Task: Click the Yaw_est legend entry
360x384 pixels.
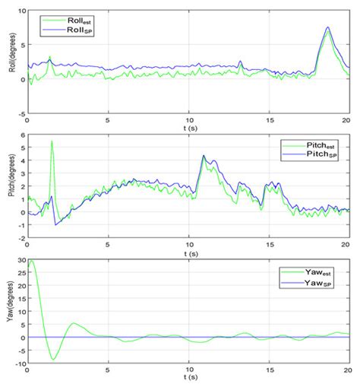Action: coord(308,271)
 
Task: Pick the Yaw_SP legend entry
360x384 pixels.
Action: coord(308,281)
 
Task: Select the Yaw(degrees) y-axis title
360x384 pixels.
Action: coord(9,313)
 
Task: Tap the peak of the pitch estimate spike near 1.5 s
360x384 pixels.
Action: coord(52,141)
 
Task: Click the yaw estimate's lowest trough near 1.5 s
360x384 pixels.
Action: coord(52,359)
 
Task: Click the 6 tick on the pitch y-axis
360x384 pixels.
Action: coord(21,135)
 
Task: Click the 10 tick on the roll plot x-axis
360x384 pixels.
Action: coord(189,120)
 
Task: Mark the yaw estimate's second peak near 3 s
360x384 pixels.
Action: coord(74,324)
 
